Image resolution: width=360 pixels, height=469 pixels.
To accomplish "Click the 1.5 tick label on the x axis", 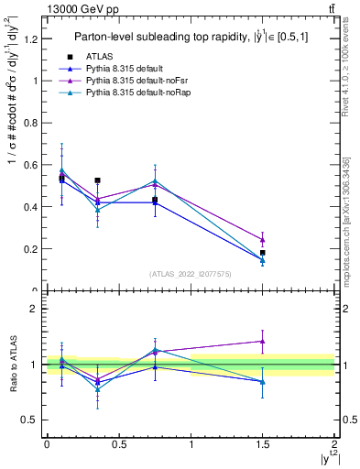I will (x=263, y=443).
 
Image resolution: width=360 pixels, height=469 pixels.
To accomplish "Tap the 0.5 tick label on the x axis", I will (x=118, y=443).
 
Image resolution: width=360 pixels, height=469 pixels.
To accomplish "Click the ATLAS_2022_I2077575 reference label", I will (x=190, y=274).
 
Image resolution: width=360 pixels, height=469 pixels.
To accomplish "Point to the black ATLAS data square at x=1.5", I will (x=263, y=253).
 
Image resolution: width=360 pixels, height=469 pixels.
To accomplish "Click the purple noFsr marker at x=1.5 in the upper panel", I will (x=263, y=240).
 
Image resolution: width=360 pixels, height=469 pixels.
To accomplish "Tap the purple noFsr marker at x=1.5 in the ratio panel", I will (x=263, y=341).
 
